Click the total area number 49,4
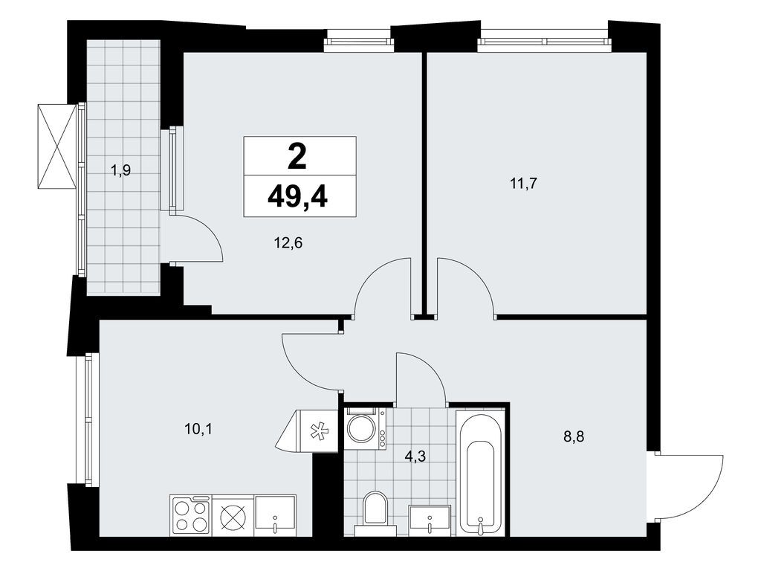pyautogui.click(x=300, y=197)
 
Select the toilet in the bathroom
pyautogui.click(x=373, y=512)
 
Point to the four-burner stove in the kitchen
pyautogui.click(x=191, y=515)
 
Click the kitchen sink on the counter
pyautogui.click(x=275, y=515)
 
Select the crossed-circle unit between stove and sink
pyautogui.click(x=233, y=515)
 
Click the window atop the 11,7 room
pyautogui.click(x=543, y=41)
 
